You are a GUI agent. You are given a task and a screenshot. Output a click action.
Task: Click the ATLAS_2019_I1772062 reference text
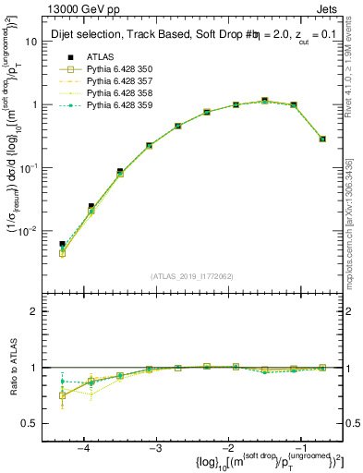pos(192,275)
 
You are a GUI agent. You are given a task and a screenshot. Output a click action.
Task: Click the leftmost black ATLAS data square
pos(63,245)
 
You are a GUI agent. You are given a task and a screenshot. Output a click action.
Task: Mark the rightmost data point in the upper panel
pos(322,139)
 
